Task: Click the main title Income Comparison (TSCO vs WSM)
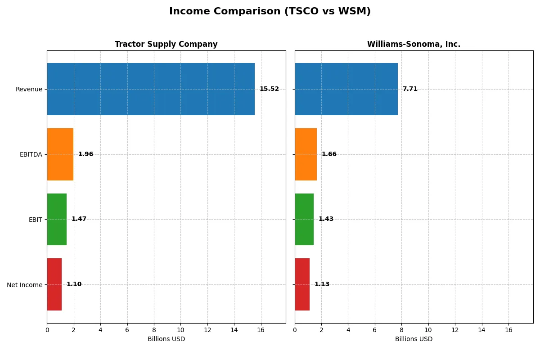(x=270, y=12)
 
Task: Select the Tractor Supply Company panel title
(x=166, y=45)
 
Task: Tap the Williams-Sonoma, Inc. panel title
(x=414, y=45)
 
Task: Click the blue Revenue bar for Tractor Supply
(x=151, y=89)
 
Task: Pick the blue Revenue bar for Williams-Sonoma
(x=346, y=89)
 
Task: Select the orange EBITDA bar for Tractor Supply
(x=60, y=154)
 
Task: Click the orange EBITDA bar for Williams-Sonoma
(x=306, y=154)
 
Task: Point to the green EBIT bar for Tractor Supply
(x=57, y=219)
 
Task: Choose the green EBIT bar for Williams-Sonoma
(x=304, y=219)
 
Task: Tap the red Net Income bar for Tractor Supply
(x=54, y=284)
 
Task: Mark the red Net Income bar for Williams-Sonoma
(x=302, y=284)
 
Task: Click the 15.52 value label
(x=269, y=89)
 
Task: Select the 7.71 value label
(x=410, y=89)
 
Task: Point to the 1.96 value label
(x=85, y=154)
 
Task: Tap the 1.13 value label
(x=322, y=284)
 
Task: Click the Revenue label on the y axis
(x=29, y=90)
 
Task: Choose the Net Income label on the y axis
(x=24, y=285)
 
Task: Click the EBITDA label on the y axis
(x=31, y=155)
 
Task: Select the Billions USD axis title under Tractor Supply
(x=166, y=339)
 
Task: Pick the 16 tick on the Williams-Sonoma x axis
(x=508, y=330)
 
